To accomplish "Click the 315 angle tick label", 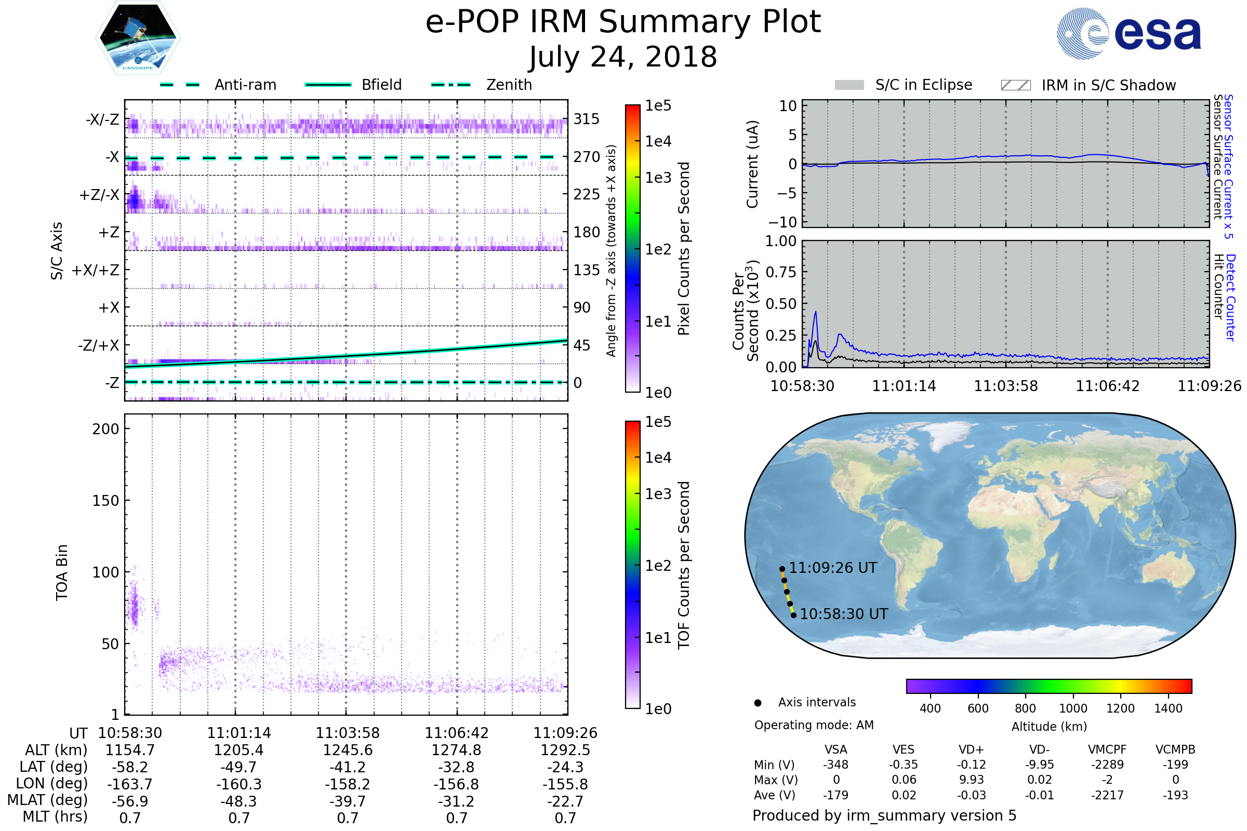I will [x=586, y=119].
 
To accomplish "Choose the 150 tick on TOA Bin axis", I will [x=105, y=501].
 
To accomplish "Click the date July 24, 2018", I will [x=623, y=57].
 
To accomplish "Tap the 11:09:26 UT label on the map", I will [x=832, y=568].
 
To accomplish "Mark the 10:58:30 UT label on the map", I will [x=843, y=614].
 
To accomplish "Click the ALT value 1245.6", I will [x=348, y=750].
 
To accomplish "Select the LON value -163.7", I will [x=130, y=784].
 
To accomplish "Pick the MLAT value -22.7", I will [x=565, y=801].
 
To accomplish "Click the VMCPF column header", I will [x=1107, y=749].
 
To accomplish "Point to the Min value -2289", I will [x=1107, y=765].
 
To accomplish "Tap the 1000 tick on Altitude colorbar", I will [x=1072, y=708].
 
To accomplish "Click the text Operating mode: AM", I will [x=814, y=725].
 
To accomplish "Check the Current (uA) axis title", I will [x=753, y=164].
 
